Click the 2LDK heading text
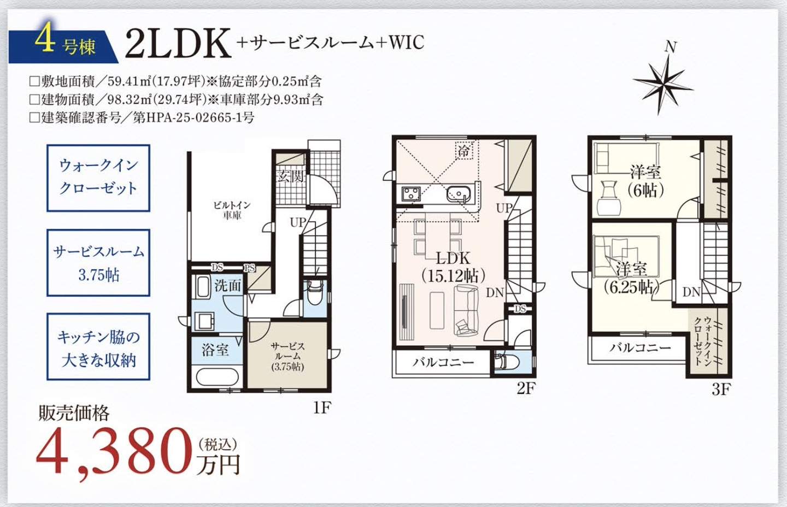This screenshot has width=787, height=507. pos(178,43)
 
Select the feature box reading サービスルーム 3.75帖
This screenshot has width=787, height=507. pos(98,263)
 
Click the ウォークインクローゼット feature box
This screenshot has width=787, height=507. pos(98,178)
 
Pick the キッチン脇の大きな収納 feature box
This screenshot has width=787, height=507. pos(98,347)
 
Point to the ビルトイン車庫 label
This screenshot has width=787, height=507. pos(232,210)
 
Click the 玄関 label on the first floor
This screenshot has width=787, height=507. pos(290,176)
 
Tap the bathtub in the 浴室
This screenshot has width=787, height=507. pos(217,377)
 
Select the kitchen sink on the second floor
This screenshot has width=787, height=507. pos(458,194)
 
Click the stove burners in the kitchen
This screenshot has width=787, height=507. pos(410,194)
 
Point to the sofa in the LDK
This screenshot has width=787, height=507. pos(466,311)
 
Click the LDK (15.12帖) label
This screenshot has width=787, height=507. pos(453,267)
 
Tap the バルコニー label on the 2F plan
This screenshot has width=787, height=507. pos(443,362)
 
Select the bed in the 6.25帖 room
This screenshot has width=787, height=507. pos(626,256)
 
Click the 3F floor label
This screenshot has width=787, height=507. pos(721,390)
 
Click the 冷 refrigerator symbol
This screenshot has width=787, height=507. pos(463,150)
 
